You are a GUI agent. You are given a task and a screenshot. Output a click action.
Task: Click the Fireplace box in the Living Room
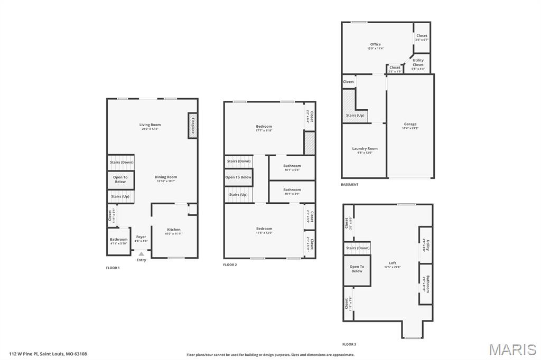click(x=192, y=126)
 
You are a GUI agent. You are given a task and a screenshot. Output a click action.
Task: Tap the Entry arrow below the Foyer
click(x=141, y=254)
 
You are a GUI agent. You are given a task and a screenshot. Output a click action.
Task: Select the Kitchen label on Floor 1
click(x=174, y=230)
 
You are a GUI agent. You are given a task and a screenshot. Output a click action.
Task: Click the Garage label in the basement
click(x=410, y=124)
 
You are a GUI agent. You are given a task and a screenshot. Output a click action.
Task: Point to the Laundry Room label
click(x=365, y=149)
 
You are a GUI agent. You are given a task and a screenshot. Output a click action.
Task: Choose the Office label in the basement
click(x=375, y=44)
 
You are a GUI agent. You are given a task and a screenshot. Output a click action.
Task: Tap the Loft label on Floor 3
click(x=393, y=263)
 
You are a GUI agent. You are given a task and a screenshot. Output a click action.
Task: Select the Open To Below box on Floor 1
click(x=120, y=179)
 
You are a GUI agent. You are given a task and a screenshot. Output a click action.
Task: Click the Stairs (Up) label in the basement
click(x=355, y=115)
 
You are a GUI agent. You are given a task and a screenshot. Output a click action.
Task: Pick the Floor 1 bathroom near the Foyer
click(x=119, y=241)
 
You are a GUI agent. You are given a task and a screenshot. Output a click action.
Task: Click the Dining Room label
click(x=166, y=177)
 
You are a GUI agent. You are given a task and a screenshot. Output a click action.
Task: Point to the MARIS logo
click(x=512, y=349)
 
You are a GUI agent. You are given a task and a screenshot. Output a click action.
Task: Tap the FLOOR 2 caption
click(x=230, y=264)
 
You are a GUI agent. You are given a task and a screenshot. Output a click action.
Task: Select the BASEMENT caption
click(x=350, y=185)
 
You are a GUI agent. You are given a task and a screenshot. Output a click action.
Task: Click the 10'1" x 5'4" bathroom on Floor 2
click(x=292, y=168)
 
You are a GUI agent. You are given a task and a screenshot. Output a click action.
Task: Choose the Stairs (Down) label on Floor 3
click(x=358, y=248)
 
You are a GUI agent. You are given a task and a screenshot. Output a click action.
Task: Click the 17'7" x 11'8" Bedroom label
click(x=264, y=127)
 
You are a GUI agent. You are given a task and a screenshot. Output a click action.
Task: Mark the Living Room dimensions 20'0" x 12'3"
click(x=150, y=129)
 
